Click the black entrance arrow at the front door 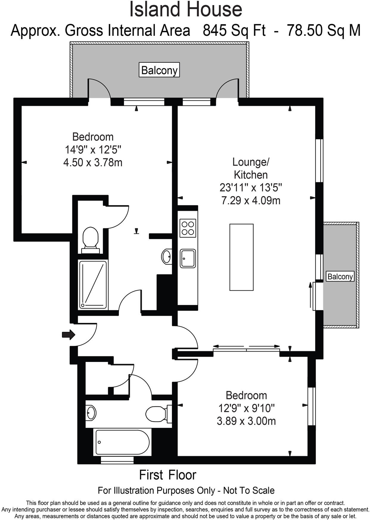coord(68,335)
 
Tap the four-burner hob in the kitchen coord(188,228)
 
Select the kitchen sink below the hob coord(188,258)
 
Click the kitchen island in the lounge coord(241,257)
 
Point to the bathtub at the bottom coord(122,442)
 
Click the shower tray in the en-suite coord(93,285)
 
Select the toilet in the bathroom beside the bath coord(157,414)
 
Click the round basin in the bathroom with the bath coord(91,413)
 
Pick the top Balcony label coord(159,70)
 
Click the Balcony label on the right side coord(340,276)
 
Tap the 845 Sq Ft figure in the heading coord(234,30)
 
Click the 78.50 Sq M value coord(323,30)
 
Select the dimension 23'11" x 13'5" coord(251,188)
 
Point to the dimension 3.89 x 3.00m coord(246,421)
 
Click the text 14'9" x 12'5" coord(93,149)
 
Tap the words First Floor coord(168,475)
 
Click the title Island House coord(185,10)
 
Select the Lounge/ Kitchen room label coord(251,168)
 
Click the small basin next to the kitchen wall coord(167,256)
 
